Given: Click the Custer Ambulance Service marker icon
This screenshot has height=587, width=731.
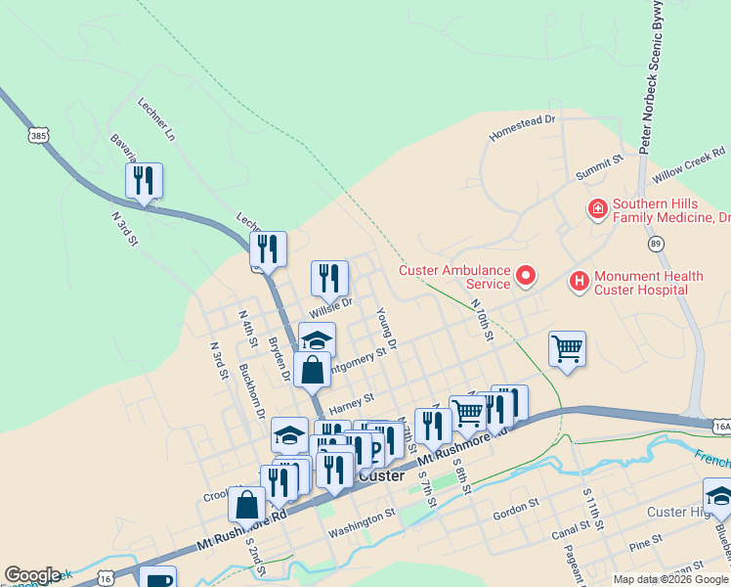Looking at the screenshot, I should point(526,276).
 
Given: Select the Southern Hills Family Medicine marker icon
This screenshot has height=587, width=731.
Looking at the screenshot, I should point(595,208).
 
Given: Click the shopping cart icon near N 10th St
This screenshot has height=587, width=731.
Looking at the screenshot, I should point(567,348).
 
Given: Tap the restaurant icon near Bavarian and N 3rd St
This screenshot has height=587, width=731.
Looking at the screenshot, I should point(144,181).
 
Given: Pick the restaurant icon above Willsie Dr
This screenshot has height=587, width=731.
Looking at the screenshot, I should point(329,278).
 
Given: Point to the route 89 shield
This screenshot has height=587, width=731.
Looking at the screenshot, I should point(655,243).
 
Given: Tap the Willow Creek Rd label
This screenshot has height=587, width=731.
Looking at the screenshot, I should point(689,163).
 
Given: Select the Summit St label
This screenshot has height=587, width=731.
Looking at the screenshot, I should point(599,167).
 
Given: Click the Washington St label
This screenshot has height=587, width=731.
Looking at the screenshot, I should point(362,509).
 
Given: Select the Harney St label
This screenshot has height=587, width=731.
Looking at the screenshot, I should point(352,402).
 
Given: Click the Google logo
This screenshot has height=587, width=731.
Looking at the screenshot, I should point(32,575).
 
